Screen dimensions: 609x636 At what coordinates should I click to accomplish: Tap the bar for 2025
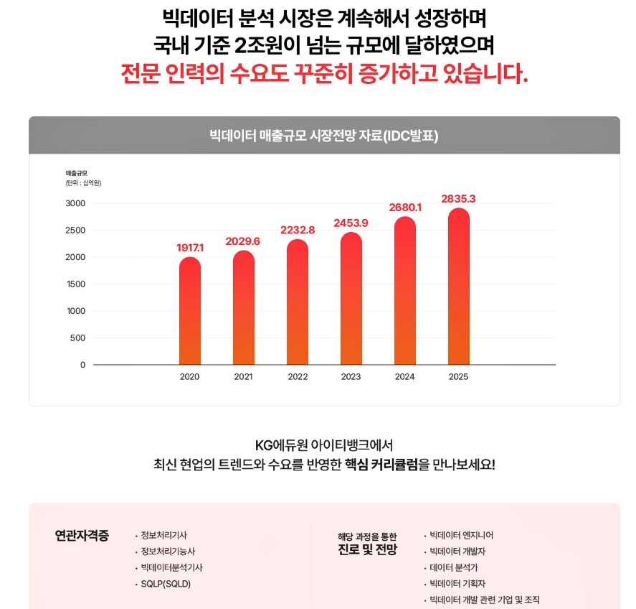point(459,287)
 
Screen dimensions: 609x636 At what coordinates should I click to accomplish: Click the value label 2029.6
point(243,241)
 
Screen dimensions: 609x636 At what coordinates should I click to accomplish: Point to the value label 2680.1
point(405,208)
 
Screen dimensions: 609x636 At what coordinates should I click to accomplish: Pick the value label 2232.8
point(297,230)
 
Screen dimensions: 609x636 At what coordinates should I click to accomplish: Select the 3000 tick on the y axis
point(75,203)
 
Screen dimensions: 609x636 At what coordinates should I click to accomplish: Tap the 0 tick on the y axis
point(82,365)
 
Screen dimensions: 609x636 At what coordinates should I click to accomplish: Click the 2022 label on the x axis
point(297,377)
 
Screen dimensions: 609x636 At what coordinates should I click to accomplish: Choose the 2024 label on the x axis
point(405,377)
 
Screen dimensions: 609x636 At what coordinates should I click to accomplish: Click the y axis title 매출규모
point(76,173)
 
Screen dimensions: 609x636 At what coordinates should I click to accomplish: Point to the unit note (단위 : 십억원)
point(83,183)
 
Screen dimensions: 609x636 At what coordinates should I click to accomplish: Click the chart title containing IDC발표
point(323,136)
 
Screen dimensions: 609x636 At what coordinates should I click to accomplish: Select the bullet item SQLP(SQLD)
point(166,584)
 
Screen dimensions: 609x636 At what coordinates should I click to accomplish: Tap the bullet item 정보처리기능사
point(168,552)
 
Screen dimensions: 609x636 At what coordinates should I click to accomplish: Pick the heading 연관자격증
point(82,536)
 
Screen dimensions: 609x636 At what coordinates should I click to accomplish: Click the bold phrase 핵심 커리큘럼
point(381,464)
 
